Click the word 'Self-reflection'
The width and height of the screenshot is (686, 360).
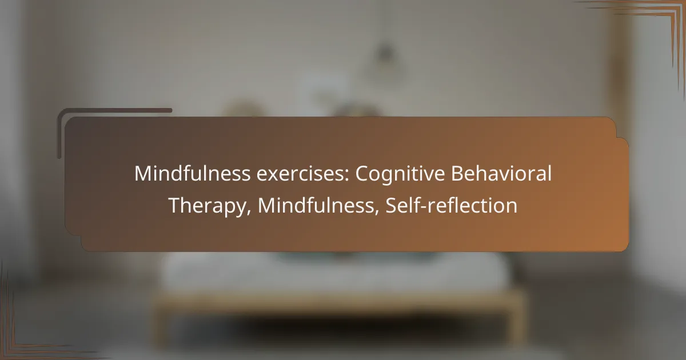click(x=452, y=206)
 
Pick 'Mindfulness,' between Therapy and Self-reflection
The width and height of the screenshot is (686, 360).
click(x=318, y=206)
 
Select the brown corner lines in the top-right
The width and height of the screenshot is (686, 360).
click(x=657, y=17)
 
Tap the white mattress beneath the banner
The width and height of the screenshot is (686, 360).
click(x=343, y=271)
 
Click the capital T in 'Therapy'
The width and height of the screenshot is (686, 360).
click(x=174, y=206)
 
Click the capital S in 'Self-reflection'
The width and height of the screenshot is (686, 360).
click(x=392, y=206)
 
